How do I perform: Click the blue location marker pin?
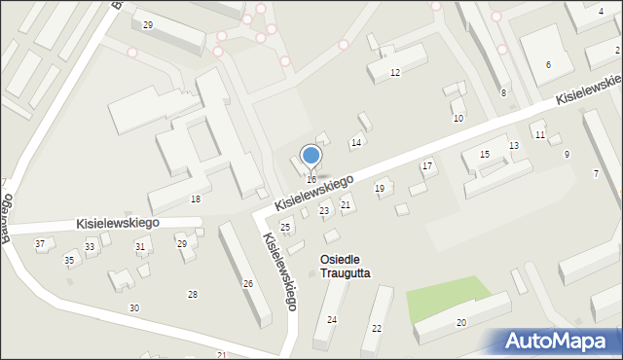click(x=311, y=156)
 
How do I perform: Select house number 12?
click(x=394, y=73)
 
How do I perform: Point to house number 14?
click(x=356, y=143)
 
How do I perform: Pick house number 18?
click(x=196, y=198)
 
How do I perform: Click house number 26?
click(x=248, y=284)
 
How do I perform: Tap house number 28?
click(x=193, y=294)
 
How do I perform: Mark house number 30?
click(x=134, y=308)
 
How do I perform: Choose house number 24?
click(x=332, y=320)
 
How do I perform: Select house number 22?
click(x=377, y=329)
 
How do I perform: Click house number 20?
click(x=461, y=323)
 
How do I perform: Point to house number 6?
click(x=548, y=64)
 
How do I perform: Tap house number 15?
click(x=485, y=155)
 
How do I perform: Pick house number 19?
click(x=380, y=188)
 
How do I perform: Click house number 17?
click(x=426, y=166)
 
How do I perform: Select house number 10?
click(x=458, y=118)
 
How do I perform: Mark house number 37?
click(x=40, y=243)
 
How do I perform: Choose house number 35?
click(x=69, y=261)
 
